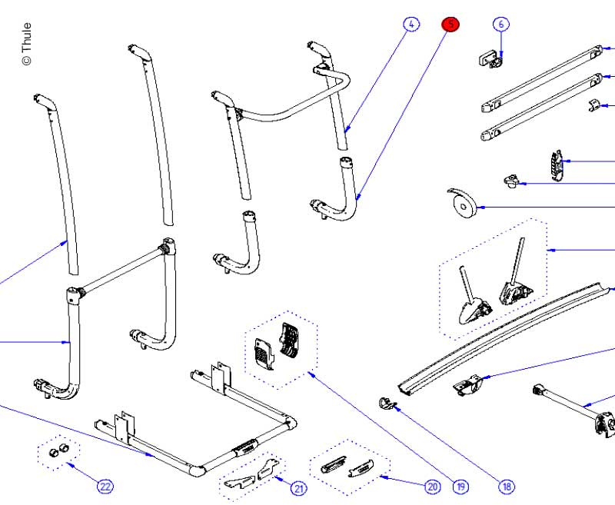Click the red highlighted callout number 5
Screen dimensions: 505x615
(450, 25)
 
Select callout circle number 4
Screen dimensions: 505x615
(411, 25)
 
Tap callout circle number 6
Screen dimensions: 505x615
(501, 25)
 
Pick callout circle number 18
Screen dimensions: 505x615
(507, 486)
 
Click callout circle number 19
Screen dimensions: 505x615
(460, 486)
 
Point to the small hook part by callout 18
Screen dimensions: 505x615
(387, 401)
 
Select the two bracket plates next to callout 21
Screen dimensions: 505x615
(254, 477)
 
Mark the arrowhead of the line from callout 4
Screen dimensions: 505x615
(346, 131)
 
